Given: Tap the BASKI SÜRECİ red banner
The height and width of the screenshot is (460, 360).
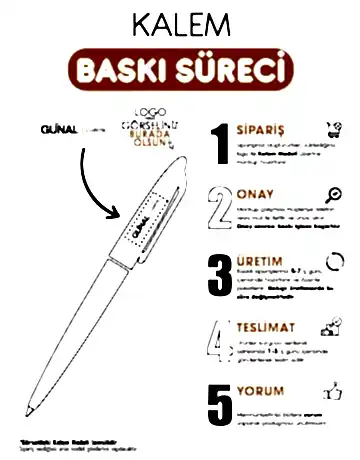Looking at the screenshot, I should (180, 70).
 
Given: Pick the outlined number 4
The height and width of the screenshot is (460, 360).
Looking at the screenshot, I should (222, 339).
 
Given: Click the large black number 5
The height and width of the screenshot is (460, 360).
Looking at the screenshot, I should (222, 404).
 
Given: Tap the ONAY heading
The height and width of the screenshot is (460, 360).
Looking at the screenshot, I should (254, 194).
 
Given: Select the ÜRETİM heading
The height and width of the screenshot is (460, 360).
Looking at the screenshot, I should (258, 258).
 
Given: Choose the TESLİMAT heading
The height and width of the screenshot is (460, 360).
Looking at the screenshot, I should (264, 325).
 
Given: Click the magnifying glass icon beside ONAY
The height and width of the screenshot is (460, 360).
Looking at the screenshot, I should (328, 194).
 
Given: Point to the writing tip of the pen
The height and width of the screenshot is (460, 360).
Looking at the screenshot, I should (29, 409).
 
